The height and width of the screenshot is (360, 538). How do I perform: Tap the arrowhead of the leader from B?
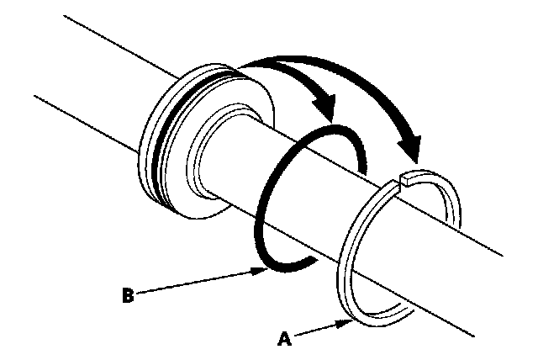[264, 270]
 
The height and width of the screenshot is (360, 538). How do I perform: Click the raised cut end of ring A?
[407, 177]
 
